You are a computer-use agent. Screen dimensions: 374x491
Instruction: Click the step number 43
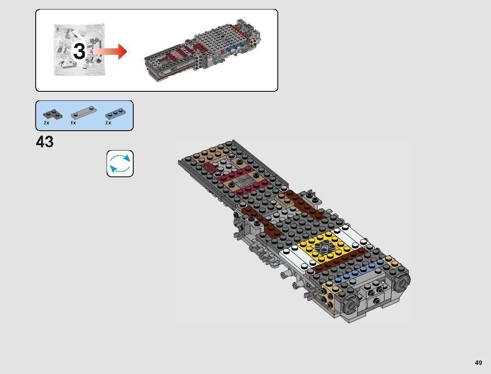[x=45, y=142]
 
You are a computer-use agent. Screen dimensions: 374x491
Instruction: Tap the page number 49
[x=478, y=363]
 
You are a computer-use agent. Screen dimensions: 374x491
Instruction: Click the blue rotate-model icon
[x=120, y=163]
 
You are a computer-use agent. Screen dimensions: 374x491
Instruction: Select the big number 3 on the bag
[x=79, y=51]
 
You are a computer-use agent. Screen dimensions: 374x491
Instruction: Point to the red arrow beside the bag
[x=111, y=51]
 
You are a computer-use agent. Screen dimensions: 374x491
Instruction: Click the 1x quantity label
[x=73, y=123]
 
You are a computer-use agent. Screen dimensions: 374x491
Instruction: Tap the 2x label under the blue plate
[x=108, y=123]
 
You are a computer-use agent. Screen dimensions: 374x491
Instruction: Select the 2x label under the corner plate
[x=47, y=123]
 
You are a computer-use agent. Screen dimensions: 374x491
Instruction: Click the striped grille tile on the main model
[x=247, y=182]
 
